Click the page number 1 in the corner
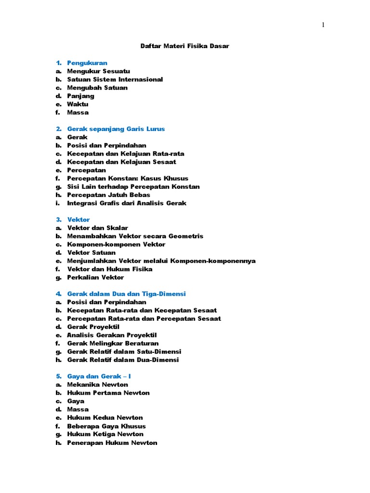coord(323,26)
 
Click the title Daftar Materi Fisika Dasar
coord(185,46)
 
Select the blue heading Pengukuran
coord(87,63)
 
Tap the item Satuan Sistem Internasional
coord(115,79)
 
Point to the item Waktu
coord(78,104)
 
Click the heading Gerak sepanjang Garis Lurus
coord(116,129)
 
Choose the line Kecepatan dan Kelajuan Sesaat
coord(121,162)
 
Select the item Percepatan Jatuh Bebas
coord(108,195)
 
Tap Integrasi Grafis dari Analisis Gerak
coord(127,203)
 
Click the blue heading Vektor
coord(79,220)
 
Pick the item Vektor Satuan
coord(92,253)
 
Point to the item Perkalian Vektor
coord(95,277)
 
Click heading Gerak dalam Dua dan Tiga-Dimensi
coord(126,294)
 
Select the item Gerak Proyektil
coord(93,327)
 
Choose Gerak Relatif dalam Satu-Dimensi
coord(123,351)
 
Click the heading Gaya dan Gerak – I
coord(99,376)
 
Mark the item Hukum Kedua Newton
coord(105,418)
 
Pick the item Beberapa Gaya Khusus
coord(106,426)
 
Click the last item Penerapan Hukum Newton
coord(112,443)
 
